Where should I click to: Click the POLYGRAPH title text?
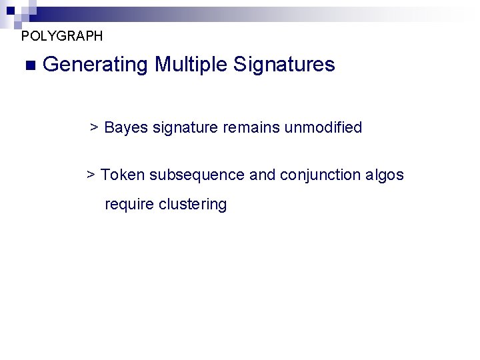tap(62, 36)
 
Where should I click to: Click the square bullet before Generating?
tap(28, 65)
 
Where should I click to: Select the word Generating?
tap(95, 65)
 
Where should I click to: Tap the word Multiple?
tap(191, 65)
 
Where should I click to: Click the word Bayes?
tap(126, 127)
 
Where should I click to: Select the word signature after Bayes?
tap(185, 127)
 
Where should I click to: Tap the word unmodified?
tap(323, 127)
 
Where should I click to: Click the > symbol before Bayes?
tap(95, 127)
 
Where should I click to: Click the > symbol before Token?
tap(91, 175)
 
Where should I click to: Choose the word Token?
tap(123, 175)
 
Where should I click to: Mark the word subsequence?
tap(197, 175)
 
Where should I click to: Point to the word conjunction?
tap(321, 175)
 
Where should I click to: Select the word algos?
tap(385, 175)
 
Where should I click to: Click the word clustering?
tap(193, 204)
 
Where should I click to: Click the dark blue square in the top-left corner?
tap(11, 11)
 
